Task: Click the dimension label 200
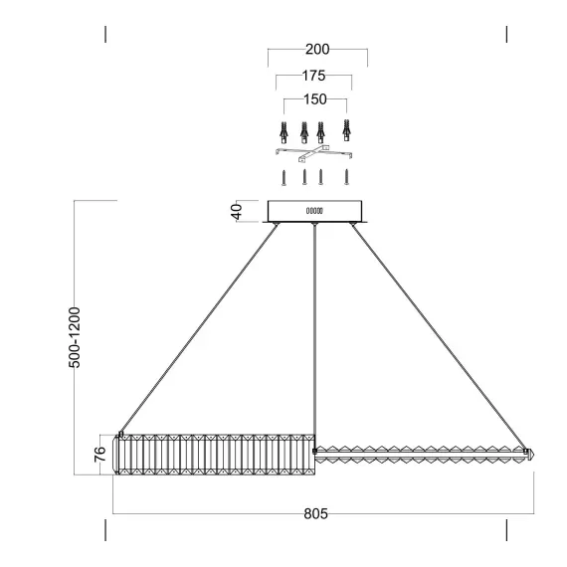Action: (x=317, y=50)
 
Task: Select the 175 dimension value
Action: (x=313, y=76)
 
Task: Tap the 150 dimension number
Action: (x=315, y=100)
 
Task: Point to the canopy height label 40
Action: (x=237, y=212)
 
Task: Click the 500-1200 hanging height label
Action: (x=75, y=338)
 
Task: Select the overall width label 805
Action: (x=314, y=514)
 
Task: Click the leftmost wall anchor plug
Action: (x=284, y=131)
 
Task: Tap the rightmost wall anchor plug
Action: (x=346, y=131)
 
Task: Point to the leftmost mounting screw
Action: (x=283, y=179)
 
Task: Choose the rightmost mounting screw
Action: (x=347, y=179)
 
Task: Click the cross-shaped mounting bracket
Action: (x=314, y=153)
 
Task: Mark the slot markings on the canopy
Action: (x=314, y=211)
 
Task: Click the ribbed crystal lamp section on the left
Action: (x=214, y=455)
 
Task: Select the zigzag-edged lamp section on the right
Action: (x=418, y=453)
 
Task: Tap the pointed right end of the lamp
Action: (x=530, y=453)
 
